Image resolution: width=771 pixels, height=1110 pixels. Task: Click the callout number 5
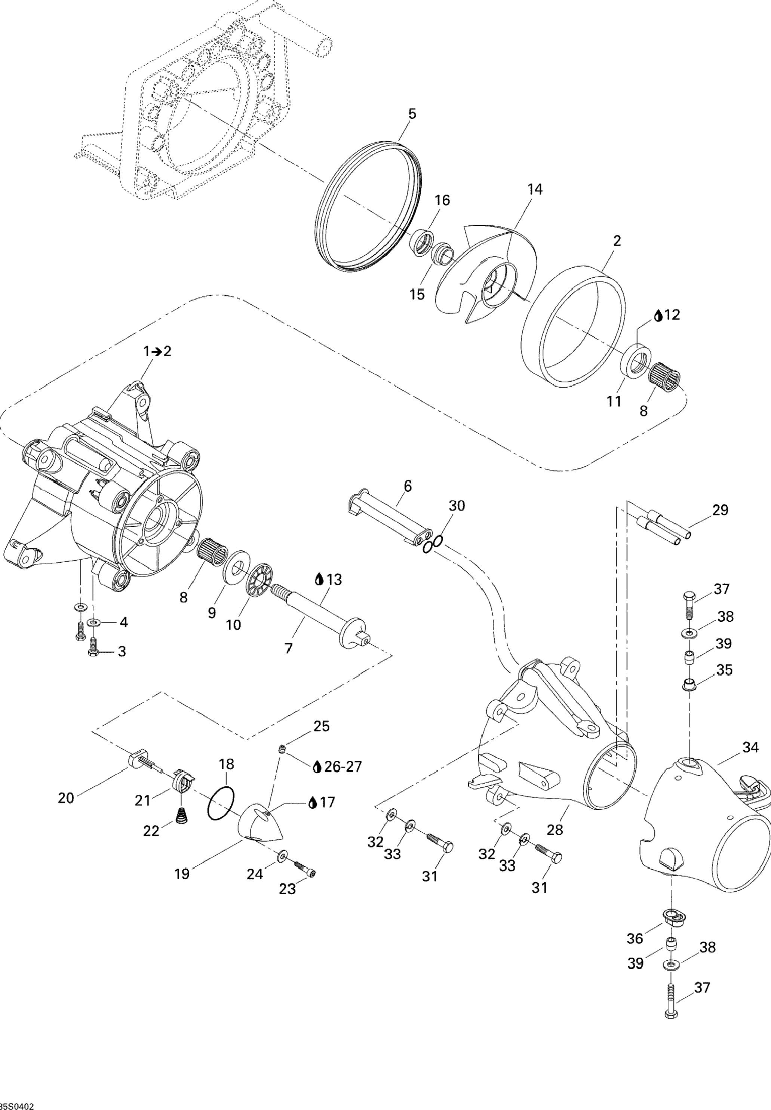click(x=412, y=114)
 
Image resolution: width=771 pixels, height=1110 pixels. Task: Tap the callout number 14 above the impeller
click(x=535, y=189)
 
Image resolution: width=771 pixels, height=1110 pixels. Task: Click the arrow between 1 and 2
click(x=156, y=352)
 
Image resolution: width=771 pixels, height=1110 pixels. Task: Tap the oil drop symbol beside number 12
click(x=658, y=316)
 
